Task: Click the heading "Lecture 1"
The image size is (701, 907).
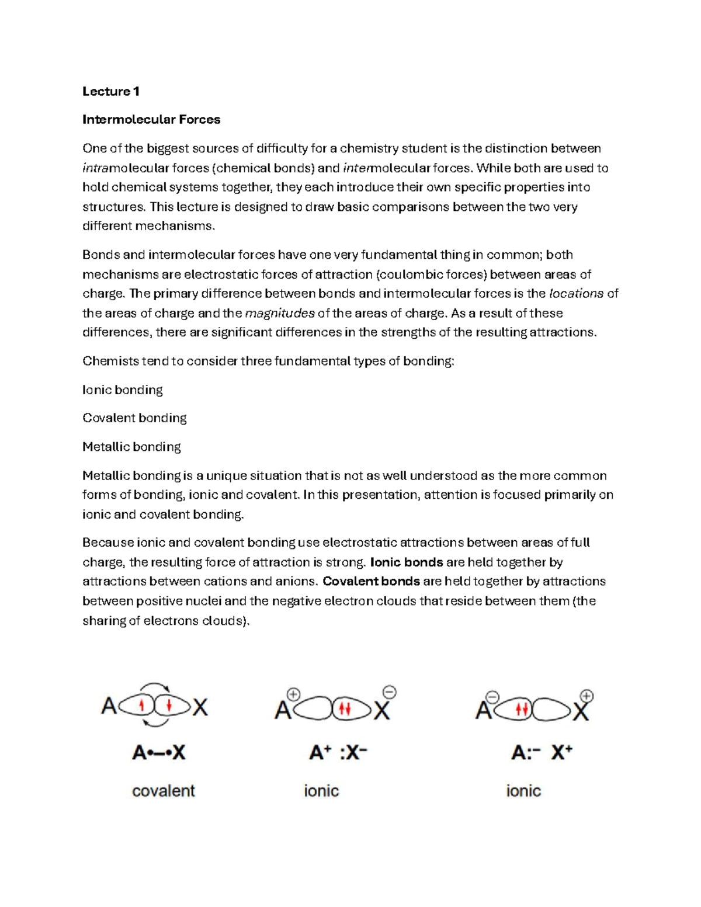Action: [x=110, y=91]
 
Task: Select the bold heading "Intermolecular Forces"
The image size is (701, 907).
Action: [x=151, y=120]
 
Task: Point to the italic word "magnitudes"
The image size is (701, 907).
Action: [x=280, y=313]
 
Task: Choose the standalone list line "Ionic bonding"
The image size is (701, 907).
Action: [x=123, y=390]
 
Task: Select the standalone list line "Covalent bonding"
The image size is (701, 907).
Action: [x=134, y=418]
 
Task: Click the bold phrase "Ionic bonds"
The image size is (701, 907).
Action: [x=407, y=562]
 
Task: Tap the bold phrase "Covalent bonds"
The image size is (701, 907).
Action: [x=371, y=581]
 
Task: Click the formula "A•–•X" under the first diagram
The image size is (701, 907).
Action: [x=159, y=753]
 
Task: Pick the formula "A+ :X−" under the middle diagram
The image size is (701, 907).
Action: [x=338, y=753]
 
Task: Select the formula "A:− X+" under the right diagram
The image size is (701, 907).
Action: [x=542, y=753]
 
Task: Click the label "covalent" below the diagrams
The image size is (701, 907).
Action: [x=163, y=791]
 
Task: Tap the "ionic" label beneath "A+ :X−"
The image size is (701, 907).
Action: [x=321, y=791]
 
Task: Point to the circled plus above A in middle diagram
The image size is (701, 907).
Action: [x=293, y=694]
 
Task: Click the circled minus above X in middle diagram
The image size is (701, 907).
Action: [x=390, y=693]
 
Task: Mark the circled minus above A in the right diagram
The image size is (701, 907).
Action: [x=492, y=697]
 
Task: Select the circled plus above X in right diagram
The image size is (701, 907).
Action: [x=587, y=696]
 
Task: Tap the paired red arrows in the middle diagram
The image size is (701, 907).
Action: [x=345, y=710]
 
